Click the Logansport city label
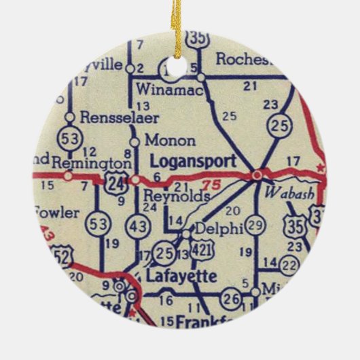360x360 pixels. pyautogui.click(x=192, y=162)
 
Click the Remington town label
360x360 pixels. pyautogui.click(x=90, y=163)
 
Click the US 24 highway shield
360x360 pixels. pyautogui.click(x=114, y=181)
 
